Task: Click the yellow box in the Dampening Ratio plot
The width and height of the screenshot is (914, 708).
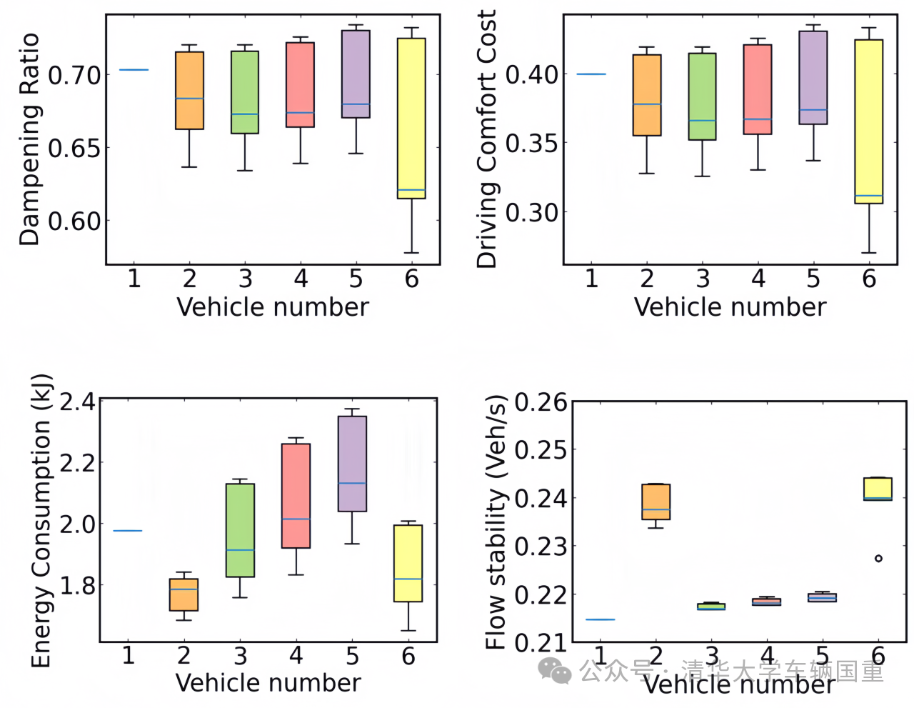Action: tap(411, 118)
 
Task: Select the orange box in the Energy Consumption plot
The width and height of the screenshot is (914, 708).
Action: tap(184, 594)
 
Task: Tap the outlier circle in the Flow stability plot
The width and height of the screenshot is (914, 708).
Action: tap(878, 558)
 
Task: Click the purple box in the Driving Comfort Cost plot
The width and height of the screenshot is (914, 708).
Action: tap(813, 77)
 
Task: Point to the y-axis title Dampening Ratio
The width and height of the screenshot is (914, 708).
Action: tap(29, 139)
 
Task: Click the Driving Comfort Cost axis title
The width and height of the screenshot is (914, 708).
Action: tap(486, 139)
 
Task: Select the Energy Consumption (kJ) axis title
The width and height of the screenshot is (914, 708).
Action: tap(41, 521)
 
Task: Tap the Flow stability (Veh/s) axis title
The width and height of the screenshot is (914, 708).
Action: tap(496, 522)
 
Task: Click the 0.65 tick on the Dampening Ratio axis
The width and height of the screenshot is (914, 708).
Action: tap(75, 148)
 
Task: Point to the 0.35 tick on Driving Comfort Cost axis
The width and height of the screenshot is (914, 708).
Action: tap(533, 143)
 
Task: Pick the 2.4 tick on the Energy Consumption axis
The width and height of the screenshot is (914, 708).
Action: tap(78, 402)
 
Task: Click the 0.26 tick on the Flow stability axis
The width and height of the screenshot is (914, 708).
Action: tap(541, 403)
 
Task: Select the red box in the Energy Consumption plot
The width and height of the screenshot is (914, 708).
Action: tap(296, 496)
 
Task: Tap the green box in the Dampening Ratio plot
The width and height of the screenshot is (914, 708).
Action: tap(245, 92)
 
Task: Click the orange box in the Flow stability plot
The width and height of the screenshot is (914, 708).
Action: tap(656, 502)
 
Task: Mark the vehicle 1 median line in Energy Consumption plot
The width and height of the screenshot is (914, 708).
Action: tap(128, 531)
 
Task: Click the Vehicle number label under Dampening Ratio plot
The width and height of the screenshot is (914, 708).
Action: tap(272, 307)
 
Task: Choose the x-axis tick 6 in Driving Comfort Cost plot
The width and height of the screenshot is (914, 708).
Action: tap(868, 279)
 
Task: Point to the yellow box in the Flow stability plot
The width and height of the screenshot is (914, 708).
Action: tap(878, 489)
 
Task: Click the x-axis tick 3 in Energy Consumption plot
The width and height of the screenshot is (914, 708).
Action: tap(240, 655)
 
